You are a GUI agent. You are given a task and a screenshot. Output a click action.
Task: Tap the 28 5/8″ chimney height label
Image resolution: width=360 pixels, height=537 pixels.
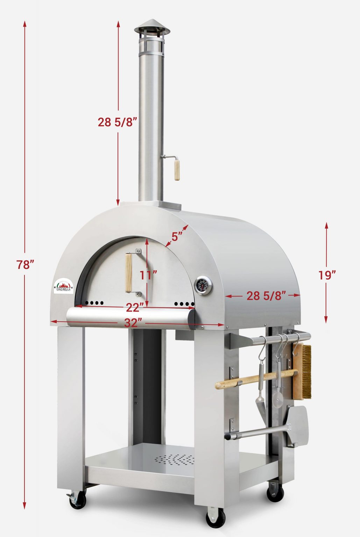117,122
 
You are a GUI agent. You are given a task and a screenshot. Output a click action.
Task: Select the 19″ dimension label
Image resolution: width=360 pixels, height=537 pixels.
327,275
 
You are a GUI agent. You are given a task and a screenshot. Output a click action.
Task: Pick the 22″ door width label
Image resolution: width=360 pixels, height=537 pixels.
135,307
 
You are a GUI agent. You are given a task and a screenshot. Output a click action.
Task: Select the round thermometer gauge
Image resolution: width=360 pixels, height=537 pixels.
203,286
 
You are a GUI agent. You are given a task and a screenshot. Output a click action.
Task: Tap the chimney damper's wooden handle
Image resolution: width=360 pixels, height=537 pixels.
177,170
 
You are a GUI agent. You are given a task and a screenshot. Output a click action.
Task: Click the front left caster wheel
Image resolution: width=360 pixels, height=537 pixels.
77,500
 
